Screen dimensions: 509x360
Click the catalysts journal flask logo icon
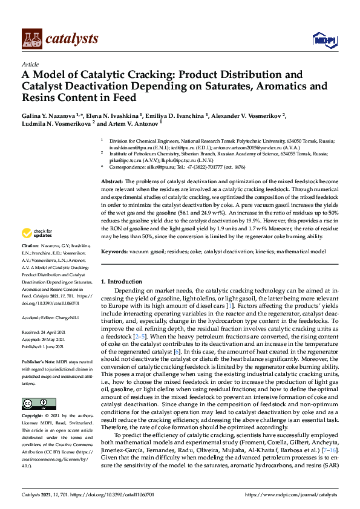coord(31,39)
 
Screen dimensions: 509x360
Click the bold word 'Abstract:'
coord(112,181)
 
